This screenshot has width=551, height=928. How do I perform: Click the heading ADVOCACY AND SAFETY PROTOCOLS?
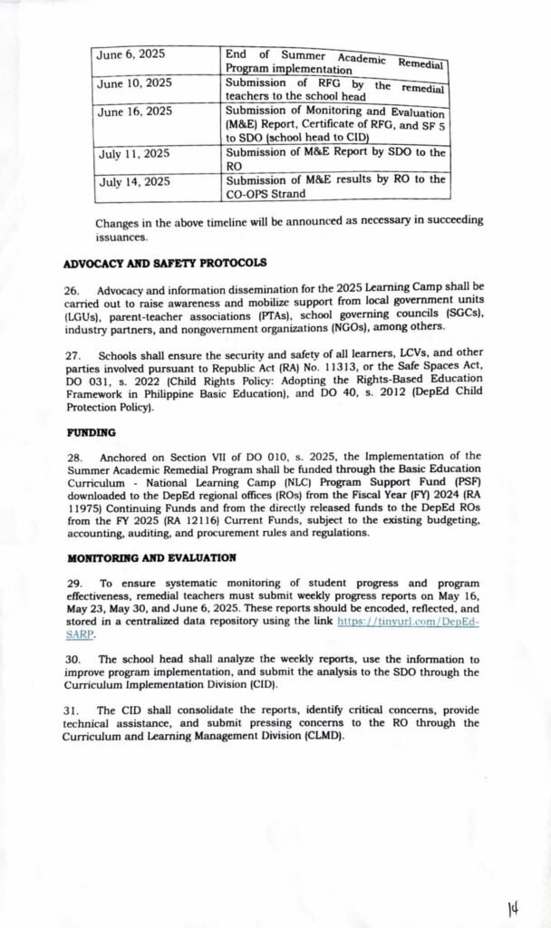click(x=165, y=264)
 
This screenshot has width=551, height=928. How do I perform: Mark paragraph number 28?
click(x=74, y=458)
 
